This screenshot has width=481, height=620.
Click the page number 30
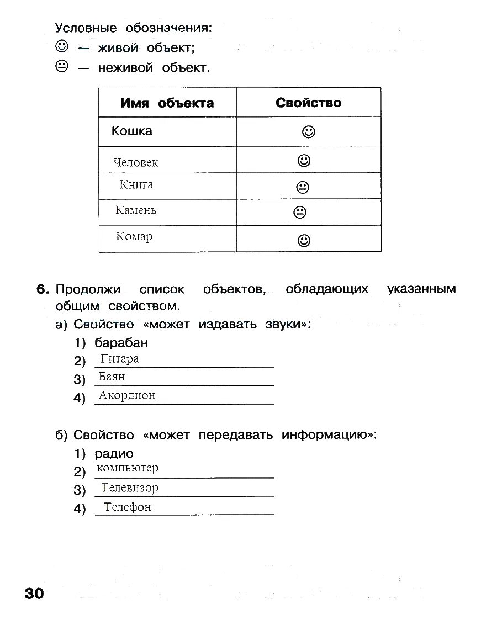coord(34,593)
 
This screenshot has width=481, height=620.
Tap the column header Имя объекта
coord(167,103)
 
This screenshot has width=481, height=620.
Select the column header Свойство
coord(308,103)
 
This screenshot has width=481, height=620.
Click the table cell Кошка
coord(132,131)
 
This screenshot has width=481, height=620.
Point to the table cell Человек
coord(136,162)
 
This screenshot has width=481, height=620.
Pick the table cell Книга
coord(136,185)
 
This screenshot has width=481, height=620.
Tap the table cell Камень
coord(136,210)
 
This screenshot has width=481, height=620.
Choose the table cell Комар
coord(134,237)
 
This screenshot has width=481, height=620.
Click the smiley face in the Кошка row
coord(309,132)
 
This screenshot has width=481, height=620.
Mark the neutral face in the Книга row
coord(303,187)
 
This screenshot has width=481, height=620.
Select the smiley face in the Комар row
coord(304,240)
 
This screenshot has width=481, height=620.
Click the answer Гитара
coord(120,359)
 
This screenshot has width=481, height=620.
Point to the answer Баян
coord(112,377)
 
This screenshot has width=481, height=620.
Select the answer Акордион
coord(127,395)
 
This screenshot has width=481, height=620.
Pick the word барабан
coord(121,343)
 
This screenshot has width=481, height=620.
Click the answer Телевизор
coord(130,488)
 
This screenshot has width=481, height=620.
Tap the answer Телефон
coord(128,507)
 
